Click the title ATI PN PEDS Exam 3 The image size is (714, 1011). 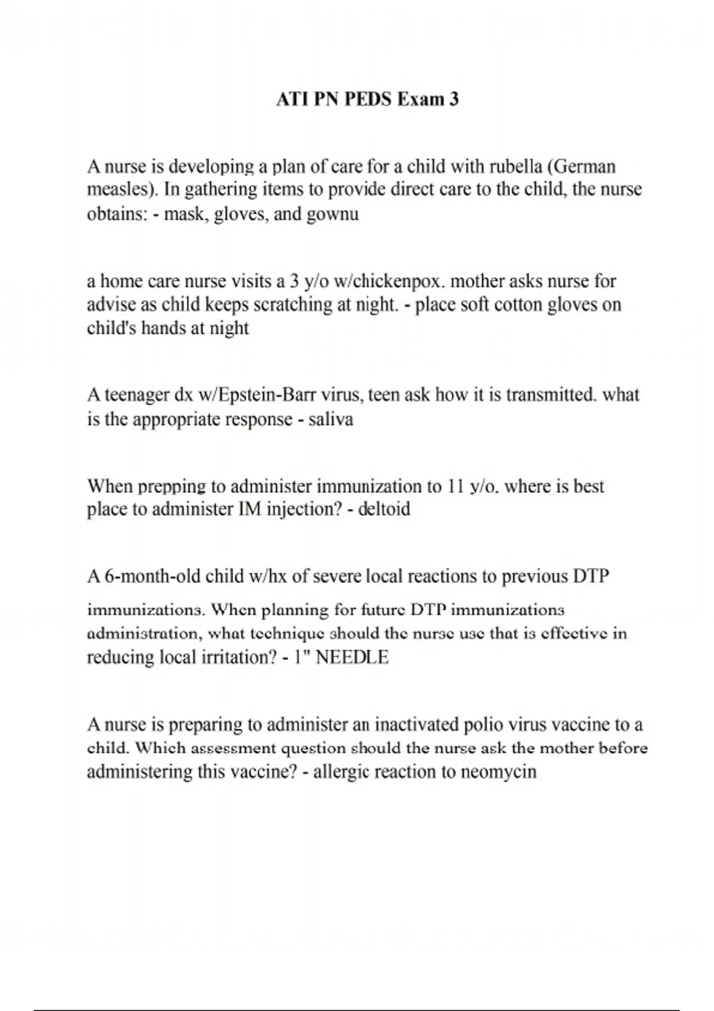click(367, 99)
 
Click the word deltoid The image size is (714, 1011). click(384, 509)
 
